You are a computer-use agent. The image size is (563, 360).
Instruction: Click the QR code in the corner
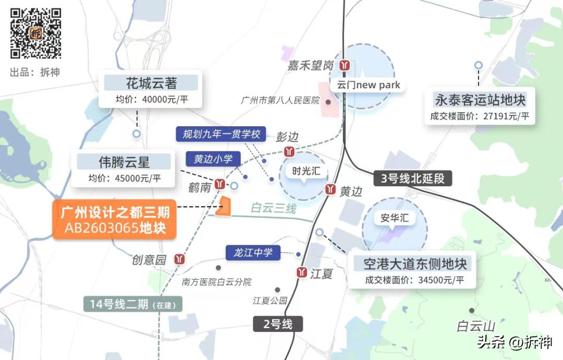click(x=36, y=33)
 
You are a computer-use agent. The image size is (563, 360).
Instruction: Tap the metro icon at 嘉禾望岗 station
click(x=344, y=65)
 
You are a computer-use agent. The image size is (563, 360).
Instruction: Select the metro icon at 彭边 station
click(x=289, y=151)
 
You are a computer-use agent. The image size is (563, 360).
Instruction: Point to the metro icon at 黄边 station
click(x=331, y=189)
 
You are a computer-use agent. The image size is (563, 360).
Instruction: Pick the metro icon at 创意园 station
click(x=180, y=258)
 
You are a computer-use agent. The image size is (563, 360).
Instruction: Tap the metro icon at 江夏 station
click(x=301, y=272)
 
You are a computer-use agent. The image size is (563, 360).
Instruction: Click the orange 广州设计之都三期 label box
click(x=115, y=220)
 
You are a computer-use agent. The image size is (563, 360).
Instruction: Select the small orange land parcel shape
click(x=225, y=207)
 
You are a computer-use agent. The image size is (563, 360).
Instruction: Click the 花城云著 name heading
click(x=151, y=83)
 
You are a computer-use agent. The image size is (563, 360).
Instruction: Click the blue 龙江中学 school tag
click(x=253, y=253)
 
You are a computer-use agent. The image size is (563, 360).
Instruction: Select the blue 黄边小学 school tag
click(x=213, y=159)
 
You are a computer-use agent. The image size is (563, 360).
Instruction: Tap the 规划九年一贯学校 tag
click(x=221, y=134)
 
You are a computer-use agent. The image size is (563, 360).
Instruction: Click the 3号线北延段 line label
click(x=412, y=178)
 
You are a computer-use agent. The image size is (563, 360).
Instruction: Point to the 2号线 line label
click(x=278, y=324)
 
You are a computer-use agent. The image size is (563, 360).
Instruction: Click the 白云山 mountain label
click(x=476, y=327)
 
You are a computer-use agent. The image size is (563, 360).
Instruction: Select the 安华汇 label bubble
click(x=394, y=218)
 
